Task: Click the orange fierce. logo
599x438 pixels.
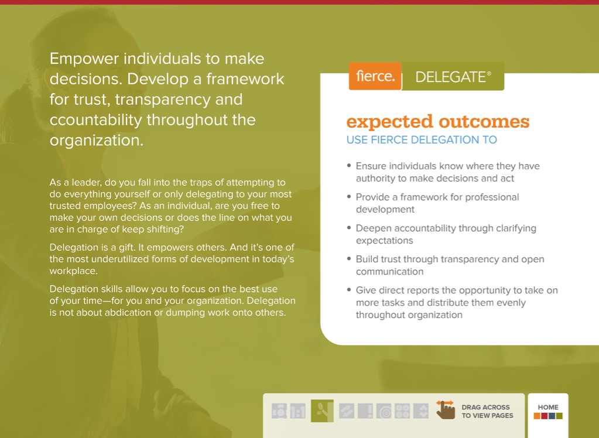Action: click(x=375, y=76)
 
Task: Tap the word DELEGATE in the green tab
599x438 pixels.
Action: click(x=450, y=77)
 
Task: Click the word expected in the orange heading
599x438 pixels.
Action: click(x=389, y=123)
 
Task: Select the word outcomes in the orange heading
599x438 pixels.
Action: click(x=484, y=122)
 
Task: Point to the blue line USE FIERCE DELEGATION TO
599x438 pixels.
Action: click(x=422, y=140)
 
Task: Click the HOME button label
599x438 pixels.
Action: click(x=548, y=408)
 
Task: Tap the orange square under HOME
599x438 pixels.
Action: click(x=537, y=416)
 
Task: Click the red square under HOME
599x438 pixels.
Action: click(x=545, y=416)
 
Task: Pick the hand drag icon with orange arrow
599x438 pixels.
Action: click(x=446, y=410)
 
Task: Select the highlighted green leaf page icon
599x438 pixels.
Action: click(x=322, y=411)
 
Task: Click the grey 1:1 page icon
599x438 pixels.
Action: click(x=298, y=411)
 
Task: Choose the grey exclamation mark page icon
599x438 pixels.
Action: click(x=365, y=411)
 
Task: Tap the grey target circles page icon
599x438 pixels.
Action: click(x=384, y=411)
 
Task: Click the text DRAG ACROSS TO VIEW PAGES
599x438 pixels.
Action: click(x=487, y=411)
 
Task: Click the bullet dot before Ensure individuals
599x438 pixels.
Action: click(x=349, y=166)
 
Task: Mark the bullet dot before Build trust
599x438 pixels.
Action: click(x=349, y=259)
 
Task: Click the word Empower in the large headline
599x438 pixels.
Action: click(x=84, y=59)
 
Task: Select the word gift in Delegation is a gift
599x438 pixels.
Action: click(x=126, y=247)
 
